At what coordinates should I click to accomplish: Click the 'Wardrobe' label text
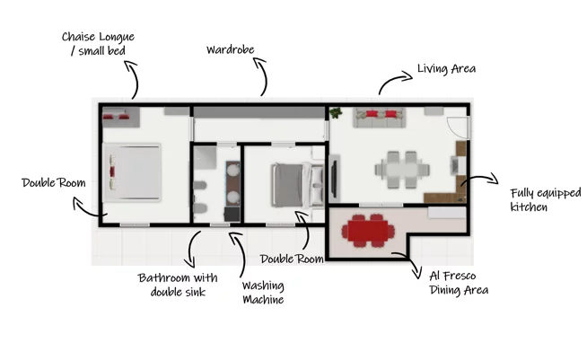(231, 49)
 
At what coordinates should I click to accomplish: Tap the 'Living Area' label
(446, 68)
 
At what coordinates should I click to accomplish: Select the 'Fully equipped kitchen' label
(546, 199)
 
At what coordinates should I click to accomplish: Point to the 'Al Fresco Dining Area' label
(459, 283)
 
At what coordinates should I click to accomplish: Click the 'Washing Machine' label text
(263, 293)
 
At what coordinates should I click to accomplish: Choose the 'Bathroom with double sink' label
(178, 285)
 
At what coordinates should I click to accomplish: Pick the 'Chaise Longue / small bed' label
(98, 43)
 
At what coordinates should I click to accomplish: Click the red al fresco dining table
(368, 231)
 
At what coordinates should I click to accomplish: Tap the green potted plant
(336, 112)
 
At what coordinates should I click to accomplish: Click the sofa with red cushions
(380, 118)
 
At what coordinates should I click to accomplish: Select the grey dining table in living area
(402, 170)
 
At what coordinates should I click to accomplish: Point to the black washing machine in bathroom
(232, 215)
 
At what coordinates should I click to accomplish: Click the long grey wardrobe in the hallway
(259, 112)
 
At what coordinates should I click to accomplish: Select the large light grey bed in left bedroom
(132, 172)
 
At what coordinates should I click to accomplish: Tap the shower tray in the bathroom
(206, 157)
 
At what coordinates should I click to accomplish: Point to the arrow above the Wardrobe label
(264, 75)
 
